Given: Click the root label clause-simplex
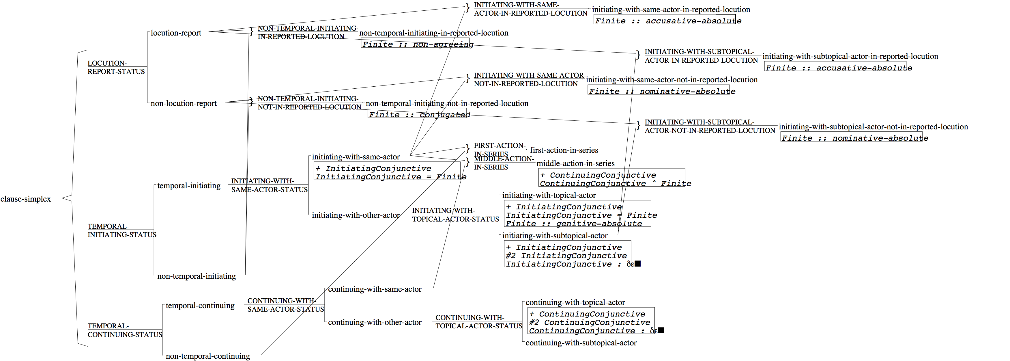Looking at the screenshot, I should [25, 199].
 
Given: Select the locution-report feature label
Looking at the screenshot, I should [176, 33].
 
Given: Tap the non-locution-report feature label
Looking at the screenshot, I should [184, 104].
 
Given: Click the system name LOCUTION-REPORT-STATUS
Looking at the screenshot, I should [116, 68].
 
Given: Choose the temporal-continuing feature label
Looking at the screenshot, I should [200, 306].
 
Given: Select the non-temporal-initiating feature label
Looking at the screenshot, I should [197, 276].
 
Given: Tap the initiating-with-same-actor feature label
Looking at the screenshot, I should [356, 157].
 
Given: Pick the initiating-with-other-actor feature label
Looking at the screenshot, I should [356, 215].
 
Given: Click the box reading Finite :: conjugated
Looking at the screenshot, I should [419, 115].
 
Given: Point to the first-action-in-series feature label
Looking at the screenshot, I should [564, 150].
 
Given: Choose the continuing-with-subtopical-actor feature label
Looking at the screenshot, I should [581, 343].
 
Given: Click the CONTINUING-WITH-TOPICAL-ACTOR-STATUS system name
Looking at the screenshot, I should [478, 322].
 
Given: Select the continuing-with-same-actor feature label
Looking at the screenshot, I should [375, 289].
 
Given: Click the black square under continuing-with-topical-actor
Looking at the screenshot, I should [661, 330].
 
